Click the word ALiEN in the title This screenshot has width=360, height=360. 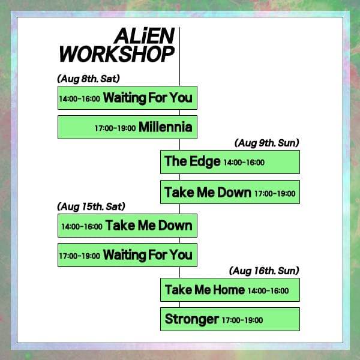point(145,36)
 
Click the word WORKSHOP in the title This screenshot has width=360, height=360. point(117,54)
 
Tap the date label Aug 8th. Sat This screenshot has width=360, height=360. point(88,79)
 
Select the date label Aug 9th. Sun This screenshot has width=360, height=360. point(267,143)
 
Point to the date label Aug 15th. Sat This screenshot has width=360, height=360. point(91,206)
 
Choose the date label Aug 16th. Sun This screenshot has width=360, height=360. point(264,271)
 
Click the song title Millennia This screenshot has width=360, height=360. point(166,127)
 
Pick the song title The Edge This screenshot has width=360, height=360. point(193,161)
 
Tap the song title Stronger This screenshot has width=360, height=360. point(192,319)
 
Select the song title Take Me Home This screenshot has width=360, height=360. point(205,290)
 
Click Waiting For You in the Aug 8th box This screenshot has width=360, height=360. point(148,98)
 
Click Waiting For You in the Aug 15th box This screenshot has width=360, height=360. point(148,255)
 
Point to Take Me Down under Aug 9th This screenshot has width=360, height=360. point(208,192)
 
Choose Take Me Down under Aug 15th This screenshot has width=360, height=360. point(149,226)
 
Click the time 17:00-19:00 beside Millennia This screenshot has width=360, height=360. point(115,128)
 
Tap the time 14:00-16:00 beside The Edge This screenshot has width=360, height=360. point(244,163)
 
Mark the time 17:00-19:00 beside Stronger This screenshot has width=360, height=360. point(242,320)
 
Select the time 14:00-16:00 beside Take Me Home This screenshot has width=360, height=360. point(268,291)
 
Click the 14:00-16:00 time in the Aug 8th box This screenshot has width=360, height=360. point(79,99)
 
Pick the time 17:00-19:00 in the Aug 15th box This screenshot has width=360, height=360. point(79,256)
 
